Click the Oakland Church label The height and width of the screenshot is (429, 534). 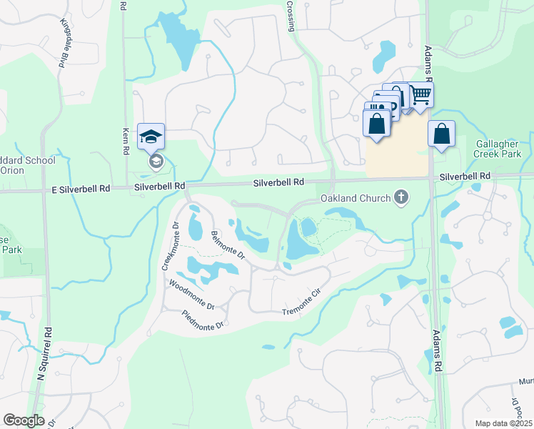[355, 198]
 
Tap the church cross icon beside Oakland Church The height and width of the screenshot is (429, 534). [401, 198]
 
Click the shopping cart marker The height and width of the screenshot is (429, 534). [420, 94]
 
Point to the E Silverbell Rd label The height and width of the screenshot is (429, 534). [80, 188]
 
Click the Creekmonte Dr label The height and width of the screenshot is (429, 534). [168, 246]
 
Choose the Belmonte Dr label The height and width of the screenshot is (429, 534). [228, 245]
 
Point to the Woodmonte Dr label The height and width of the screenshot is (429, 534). [191, 295]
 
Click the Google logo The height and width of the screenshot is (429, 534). [24, 420]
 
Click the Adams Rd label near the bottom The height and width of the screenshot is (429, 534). [437, 350]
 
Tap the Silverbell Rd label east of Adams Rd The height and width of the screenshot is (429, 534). [465, 176]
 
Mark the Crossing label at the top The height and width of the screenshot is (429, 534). [291, 16]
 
